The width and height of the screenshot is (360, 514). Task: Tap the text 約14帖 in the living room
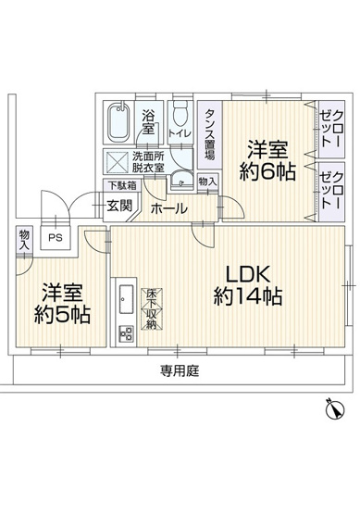pyautogui.click(x=247, y=297)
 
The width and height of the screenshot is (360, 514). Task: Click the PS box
pyautogui.click(x=56, y=237)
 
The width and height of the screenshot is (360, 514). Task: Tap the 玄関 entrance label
pyautogui.click(x=118, y=206)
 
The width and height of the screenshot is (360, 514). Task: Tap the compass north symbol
pyautogui.click(x=334, y=407)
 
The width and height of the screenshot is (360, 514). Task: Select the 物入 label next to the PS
pyautogui.click(x=22, y=241)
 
